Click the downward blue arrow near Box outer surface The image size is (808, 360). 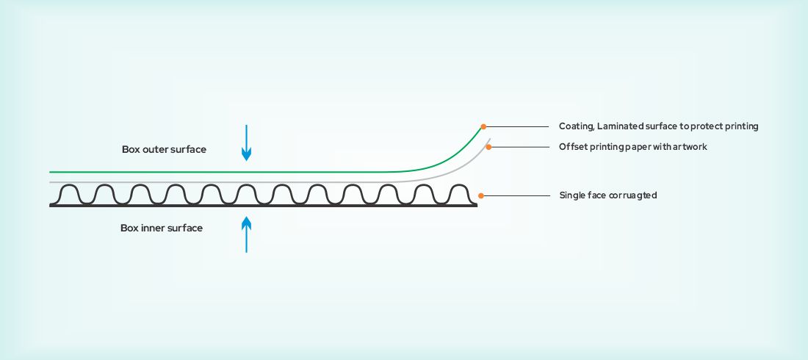click(x=247, y=143)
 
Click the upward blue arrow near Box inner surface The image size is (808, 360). click(x=247, y=234)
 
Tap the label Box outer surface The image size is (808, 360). click(x=164, y=149)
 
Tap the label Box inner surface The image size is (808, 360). click(x=162, y=228)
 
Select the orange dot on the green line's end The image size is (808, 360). click(x=483, y=126)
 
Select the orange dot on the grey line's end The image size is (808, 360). click(x=488, y=147)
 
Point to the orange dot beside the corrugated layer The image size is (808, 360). click(x=480, y=195)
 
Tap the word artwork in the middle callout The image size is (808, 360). click(x=690, y=147)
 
